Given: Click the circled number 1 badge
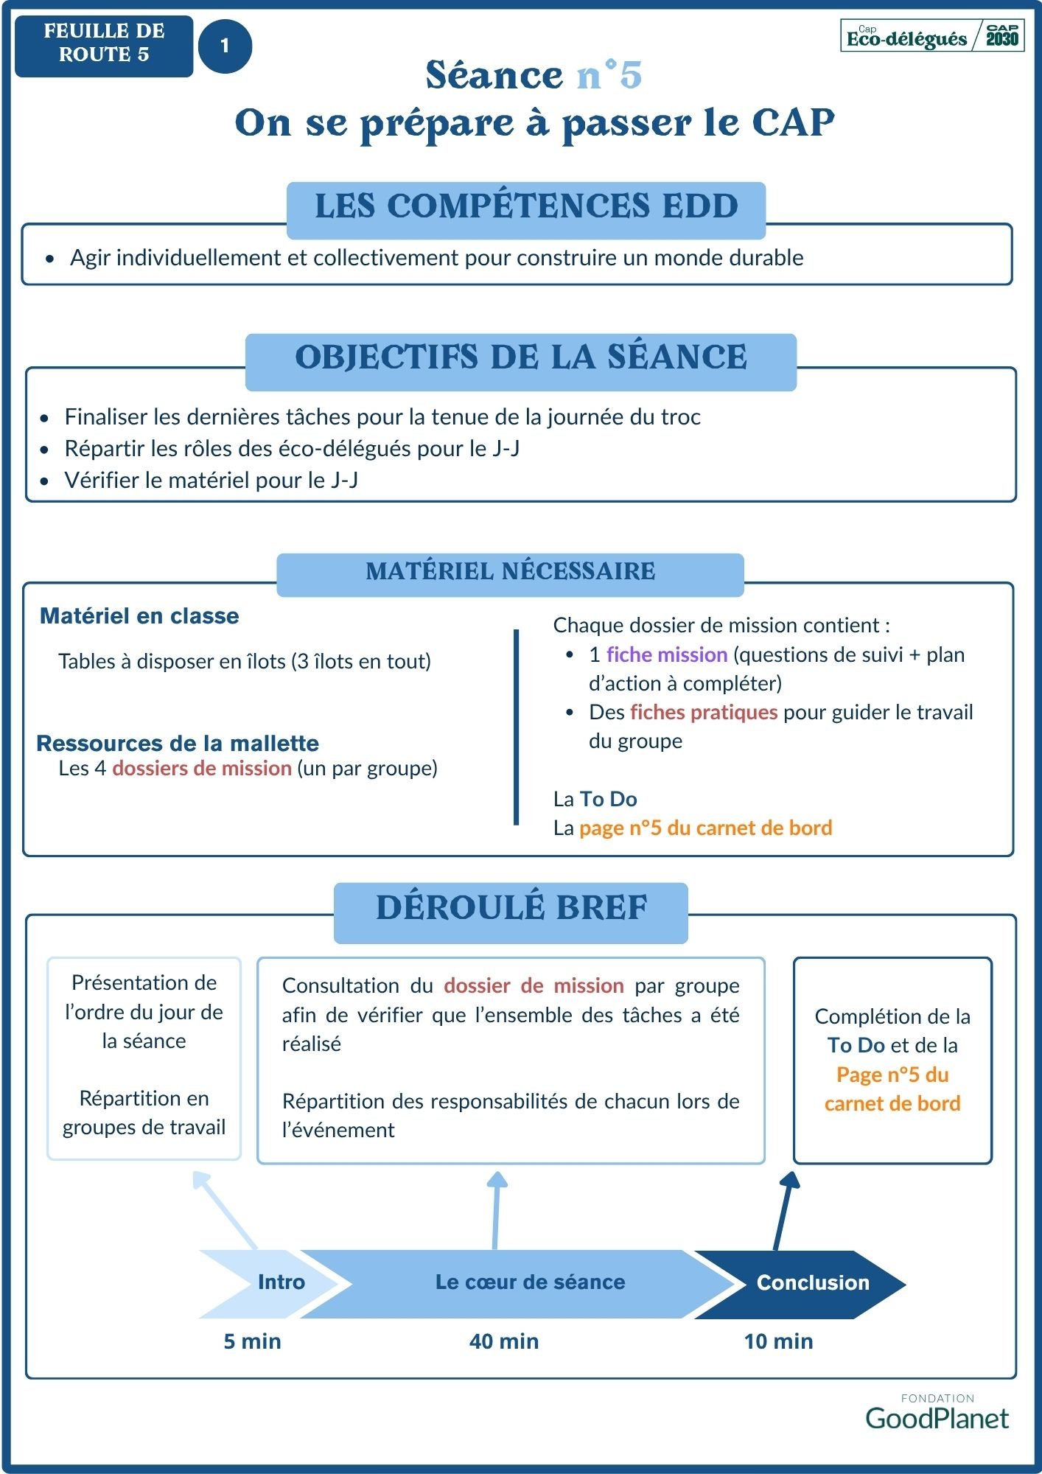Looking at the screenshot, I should [225, 46].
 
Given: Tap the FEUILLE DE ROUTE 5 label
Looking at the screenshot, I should [104, 43].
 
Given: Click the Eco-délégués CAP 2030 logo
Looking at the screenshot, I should [932, 36].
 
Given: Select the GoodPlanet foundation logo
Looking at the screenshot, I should [937, 1414].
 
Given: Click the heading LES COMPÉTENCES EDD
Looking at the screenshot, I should [526, 206].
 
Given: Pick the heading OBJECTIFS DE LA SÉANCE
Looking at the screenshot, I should [521, 358].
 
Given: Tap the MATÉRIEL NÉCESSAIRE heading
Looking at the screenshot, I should [510, 571].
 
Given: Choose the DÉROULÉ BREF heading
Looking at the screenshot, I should [511, 909].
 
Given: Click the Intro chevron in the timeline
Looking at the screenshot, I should [273, 1282].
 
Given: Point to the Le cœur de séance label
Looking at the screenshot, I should [530, 1282].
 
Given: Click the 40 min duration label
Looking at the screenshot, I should [504, 1341].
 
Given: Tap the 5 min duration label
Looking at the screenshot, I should [252, 1341].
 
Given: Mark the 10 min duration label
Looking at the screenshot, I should [778, 1341].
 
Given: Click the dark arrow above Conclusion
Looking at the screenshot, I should [783, 1209].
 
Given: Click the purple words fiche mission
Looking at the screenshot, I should [667, 654].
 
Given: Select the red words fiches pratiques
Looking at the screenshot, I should [704, 712].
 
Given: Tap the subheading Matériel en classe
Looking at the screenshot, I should [139, 616].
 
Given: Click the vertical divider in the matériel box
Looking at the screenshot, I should [516, 726].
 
